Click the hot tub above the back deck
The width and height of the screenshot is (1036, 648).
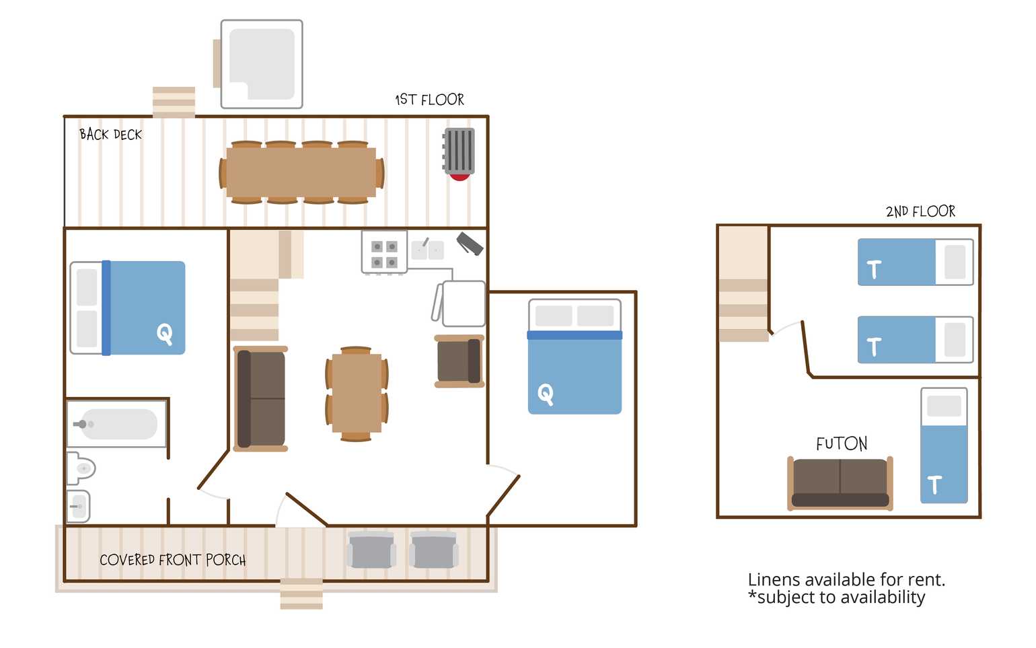(262, 64)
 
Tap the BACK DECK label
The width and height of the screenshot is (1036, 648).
(110, 135)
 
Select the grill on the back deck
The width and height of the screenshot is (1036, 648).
(459, 154)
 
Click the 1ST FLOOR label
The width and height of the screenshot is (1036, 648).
(429, 100)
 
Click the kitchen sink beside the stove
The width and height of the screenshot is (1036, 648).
(428, 250)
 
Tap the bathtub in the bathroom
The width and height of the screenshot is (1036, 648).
(116, 424)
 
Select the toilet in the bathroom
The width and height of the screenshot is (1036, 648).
(81, 468)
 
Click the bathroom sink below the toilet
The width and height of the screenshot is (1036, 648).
(79, 506)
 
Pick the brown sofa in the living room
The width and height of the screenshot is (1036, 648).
(260, 399)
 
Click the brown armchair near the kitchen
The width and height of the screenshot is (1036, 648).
(459, 361)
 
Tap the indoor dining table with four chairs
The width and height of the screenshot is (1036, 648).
(357, 394)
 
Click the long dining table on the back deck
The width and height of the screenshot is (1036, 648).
(301, 172)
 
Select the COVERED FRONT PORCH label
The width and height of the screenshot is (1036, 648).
(172, 560)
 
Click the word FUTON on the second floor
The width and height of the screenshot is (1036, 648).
(842, 443)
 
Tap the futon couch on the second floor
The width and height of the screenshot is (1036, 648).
(840, 484)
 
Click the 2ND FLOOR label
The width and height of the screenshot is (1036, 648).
(920, 211)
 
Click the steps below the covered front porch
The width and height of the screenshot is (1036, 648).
(301, 594)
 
